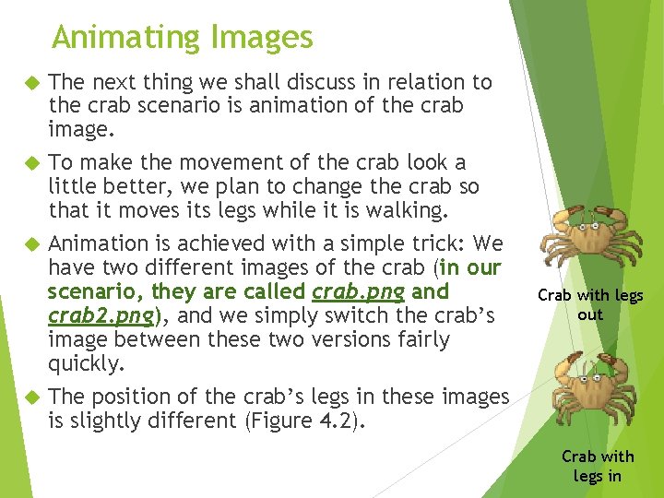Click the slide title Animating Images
click(x=183, y=38)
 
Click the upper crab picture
click(x=591, y=239)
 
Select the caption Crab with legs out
click(x=590, y=304)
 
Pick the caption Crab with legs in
click(x=598, y=466)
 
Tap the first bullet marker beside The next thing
click(x=29, y=83)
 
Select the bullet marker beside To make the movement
click(x=29, y=163)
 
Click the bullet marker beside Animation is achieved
click(x=29, y=244)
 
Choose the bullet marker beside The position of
click(x=29, y=397)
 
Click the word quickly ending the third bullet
click(x=85, y=364)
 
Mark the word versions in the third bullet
click(x=366, y=340)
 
